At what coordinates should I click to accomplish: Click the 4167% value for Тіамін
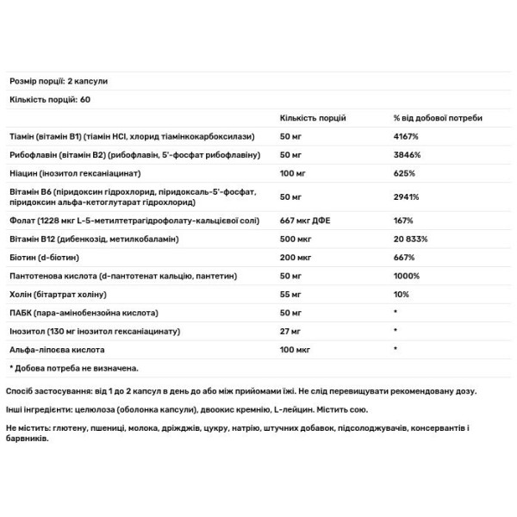[x=406, y=136]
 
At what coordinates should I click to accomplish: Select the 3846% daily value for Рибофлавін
[x=406, y=154]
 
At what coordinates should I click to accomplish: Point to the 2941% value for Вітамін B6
[x=406, y=196]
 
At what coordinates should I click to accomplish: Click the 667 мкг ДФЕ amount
[x=305, y=220]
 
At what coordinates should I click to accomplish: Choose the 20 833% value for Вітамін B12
[x=412, y=238]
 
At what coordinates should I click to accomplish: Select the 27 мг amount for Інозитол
[x=292, y=330]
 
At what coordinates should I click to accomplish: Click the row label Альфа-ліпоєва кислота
[x=56, y=349]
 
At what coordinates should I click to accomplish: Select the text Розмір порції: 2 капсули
[x=59, y=81]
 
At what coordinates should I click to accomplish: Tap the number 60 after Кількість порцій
[x=84, y=99]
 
